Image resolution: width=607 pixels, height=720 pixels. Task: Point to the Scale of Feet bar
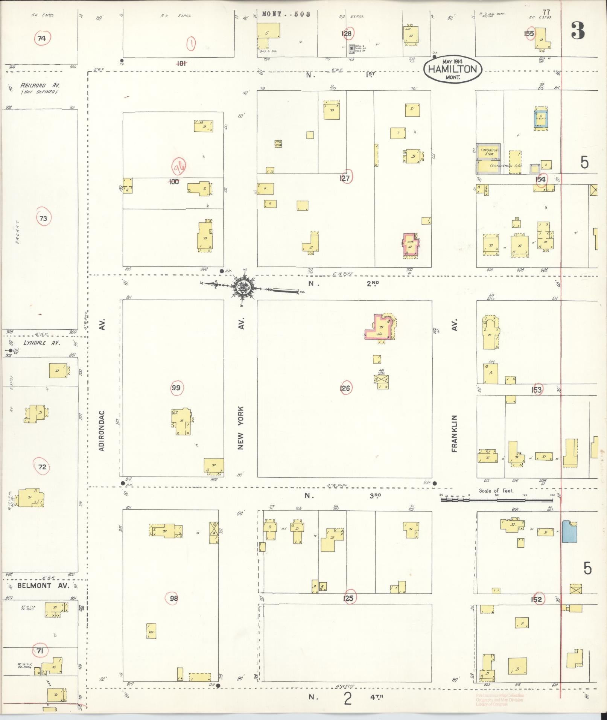pyautogui.click(x=497, y=500)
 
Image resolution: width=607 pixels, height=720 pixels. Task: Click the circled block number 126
pyautogui.click(x=345, y=388)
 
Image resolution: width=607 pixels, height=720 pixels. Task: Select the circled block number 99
pyautogui.click(x=176, y=388)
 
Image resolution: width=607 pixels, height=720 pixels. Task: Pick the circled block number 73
pyautogui.click(x=43, y=218)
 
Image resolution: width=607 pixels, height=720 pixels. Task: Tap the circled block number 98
pyautogui.click(x=173, y=598)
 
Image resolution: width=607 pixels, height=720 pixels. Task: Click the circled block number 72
pyautogui.click(x=42, y=467)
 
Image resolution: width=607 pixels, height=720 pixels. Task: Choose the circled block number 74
pyautogui.click(x=41, y=38)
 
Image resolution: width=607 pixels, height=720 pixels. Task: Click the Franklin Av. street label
pyautogui.click(x=455, y=433)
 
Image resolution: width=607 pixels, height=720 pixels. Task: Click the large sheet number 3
pyautogui.click(x=578, y=31)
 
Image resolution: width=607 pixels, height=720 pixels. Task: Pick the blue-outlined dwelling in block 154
pyautogui.click(x=541, y=119)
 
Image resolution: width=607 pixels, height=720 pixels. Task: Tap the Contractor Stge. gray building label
pyautogui.click(x=488, y=152)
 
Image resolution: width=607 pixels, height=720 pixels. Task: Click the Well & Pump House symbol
pyautogui.click(x=351, y=49)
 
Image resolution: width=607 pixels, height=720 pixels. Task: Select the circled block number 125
pyautogui.click(x=349, y=598)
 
